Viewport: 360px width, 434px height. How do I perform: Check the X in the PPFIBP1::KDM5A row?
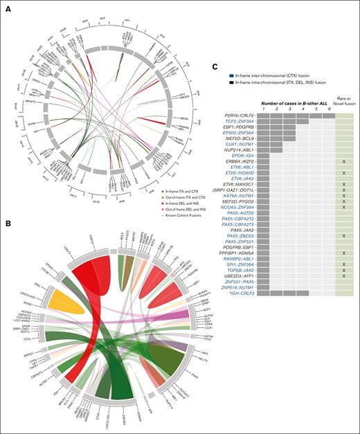344,253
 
